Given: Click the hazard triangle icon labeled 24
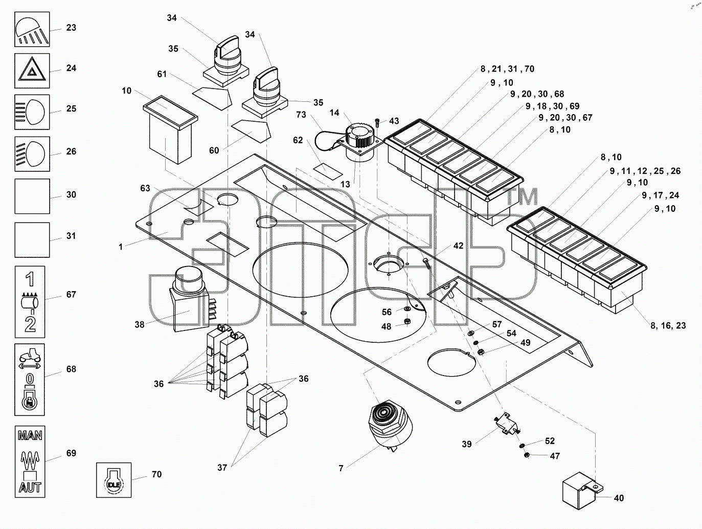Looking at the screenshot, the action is [x=32, y=71].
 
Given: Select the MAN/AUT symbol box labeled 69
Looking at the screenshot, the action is [x=30, y=461].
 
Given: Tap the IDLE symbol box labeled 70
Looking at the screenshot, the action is [x=114, y=480].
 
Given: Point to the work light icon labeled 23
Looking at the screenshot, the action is [x=32, y=30].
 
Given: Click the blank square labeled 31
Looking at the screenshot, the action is [x=32, y=240].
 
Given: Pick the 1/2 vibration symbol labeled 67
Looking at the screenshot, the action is [x=30, y=302].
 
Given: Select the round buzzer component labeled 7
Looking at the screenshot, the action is [x=391, y=428].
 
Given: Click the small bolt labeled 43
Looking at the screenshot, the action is [x=377, y=123].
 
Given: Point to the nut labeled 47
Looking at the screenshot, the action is [x=527, y=455].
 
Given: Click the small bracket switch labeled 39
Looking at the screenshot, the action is [x=507, y=425].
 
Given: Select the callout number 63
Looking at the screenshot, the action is [x=145, y=188].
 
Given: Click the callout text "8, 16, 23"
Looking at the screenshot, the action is [x=668, y=325].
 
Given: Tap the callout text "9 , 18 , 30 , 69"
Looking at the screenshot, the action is [x=557, y=106].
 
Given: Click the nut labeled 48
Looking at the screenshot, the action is [x=407, y=321].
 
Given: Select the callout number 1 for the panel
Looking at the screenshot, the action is [x=121, y=247].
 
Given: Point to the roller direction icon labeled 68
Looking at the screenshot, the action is [x=30, y=380].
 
